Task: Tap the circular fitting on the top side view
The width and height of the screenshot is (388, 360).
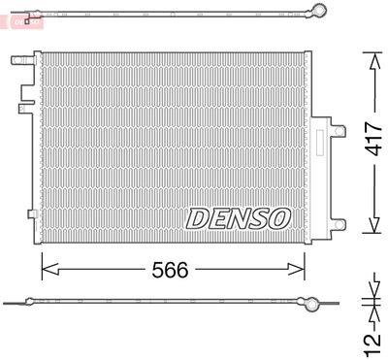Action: click(x=316, y=12)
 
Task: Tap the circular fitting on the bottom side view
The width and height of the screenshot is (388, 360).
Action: click(x=311, y=304)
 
